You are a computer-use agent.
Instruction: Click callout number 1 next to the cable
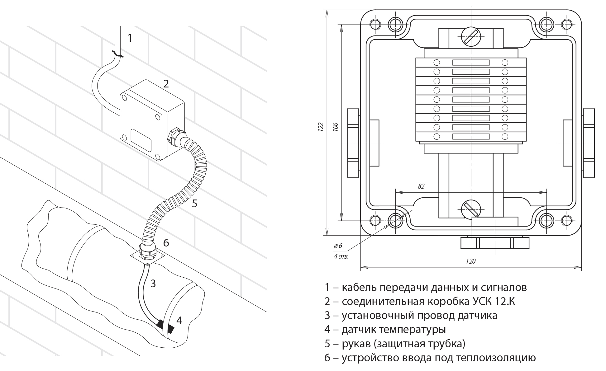coord(130,38)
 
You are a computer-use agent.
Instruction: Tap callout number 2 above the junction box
coord(166,83)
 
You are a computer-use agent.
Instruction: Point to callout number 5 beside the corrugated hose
coord(195,204)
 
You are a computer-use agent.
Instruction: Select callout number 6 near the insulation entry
coord(166,242)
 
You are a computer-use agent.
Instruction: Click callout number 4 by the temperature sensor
coord(179,320)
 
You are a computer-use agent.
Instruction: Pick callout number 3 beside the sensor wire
coord(153,284)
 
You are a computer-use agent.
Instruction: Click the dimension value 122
coord(321,127)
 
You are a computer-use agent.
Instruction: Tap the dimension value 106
coord(335,127)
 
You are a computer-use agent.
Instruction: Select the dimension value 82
coord(421,186)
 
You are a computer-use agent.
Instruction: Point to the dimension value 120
coord(471,261)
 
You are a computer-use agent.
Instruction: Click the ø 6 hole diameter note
coord(338,246)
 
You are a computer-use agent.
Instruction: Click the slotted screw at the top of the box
coord(471,36)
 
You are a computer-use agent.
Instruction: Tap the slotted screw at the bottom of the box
coord(471,209)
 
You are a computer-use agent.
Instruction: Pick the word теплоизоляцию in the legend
coord(496,358)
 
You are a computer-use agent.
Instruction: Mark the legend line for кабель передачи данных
coord(426,287)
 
